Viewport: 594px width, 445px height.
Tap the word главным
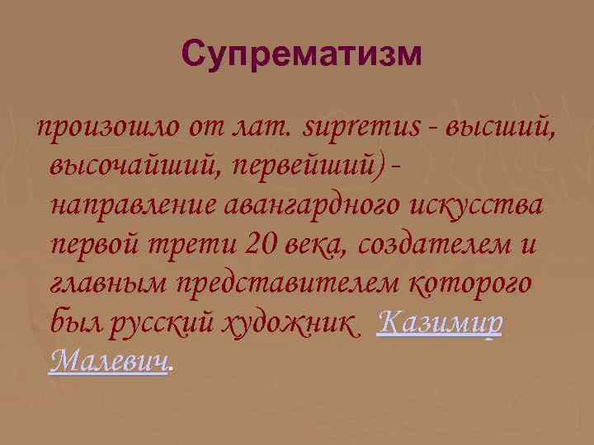(x=108, y=282)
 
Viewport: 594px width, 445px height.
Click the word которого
(x=471, y=282)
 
